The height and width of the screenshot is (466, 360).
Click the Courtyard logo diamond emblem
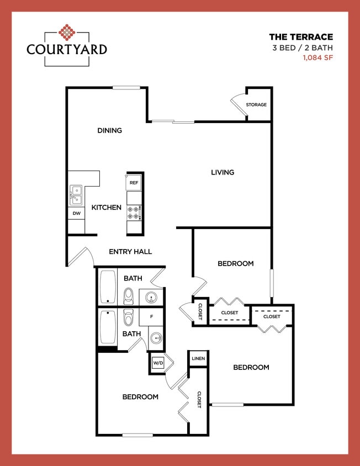[x=67, y=33]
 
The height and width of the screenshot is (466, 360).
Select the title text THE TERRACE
[x=301, y=37]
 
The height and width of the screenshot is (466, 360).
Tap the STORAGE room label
[x=256, y=104]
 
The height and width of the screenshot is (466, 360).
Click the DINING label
[x=109, y=130]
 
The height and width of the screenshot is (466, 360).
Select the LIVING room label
[x=223, y=172]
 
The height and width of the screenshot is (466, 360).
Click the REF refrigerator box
[x=134, y=182]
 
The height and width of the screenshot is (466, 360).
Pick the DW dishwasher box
[x=76, y=213]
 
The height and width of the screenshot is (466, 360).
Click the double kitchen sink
[x=75, y=195]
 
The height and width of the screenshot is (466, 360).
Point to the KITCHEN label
[x=106, y=208]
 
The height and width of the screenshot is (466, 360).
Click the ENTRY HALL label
[x=130, y=252]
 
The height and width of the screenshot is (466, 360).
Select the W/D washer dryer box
[x=158, y=363]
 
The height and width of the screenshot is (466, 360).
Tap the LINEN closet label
[x=198, y=358]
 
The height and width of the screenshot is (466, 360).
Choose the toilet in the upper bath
[x=129, y=296]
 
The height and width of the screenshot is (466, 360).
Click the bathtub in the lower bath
[x=107, y=328]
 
